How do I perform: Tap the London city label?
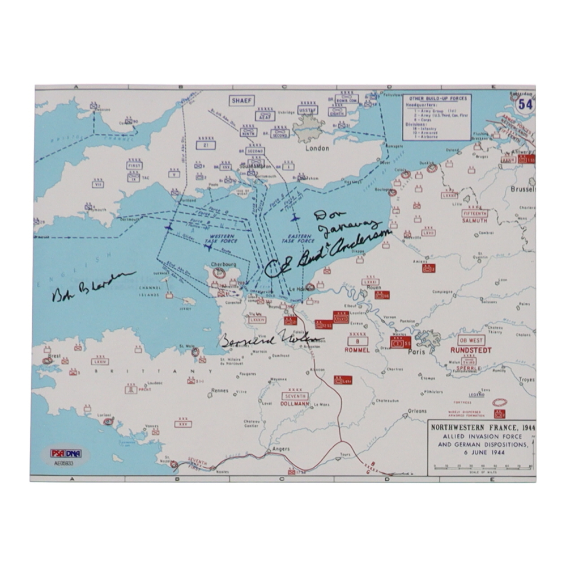click(x=317, y=148)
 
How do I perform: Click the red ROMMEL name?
click(x=357, y=350)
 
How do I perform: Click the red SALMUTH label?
click(x=474, y=221)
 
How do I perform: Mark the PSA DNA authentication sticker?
click(x=66, y=453)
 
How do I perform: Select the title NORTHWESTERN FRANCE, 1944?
click(x=481, y=428)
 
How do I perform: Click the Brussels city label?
click(x=522, y=189)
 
